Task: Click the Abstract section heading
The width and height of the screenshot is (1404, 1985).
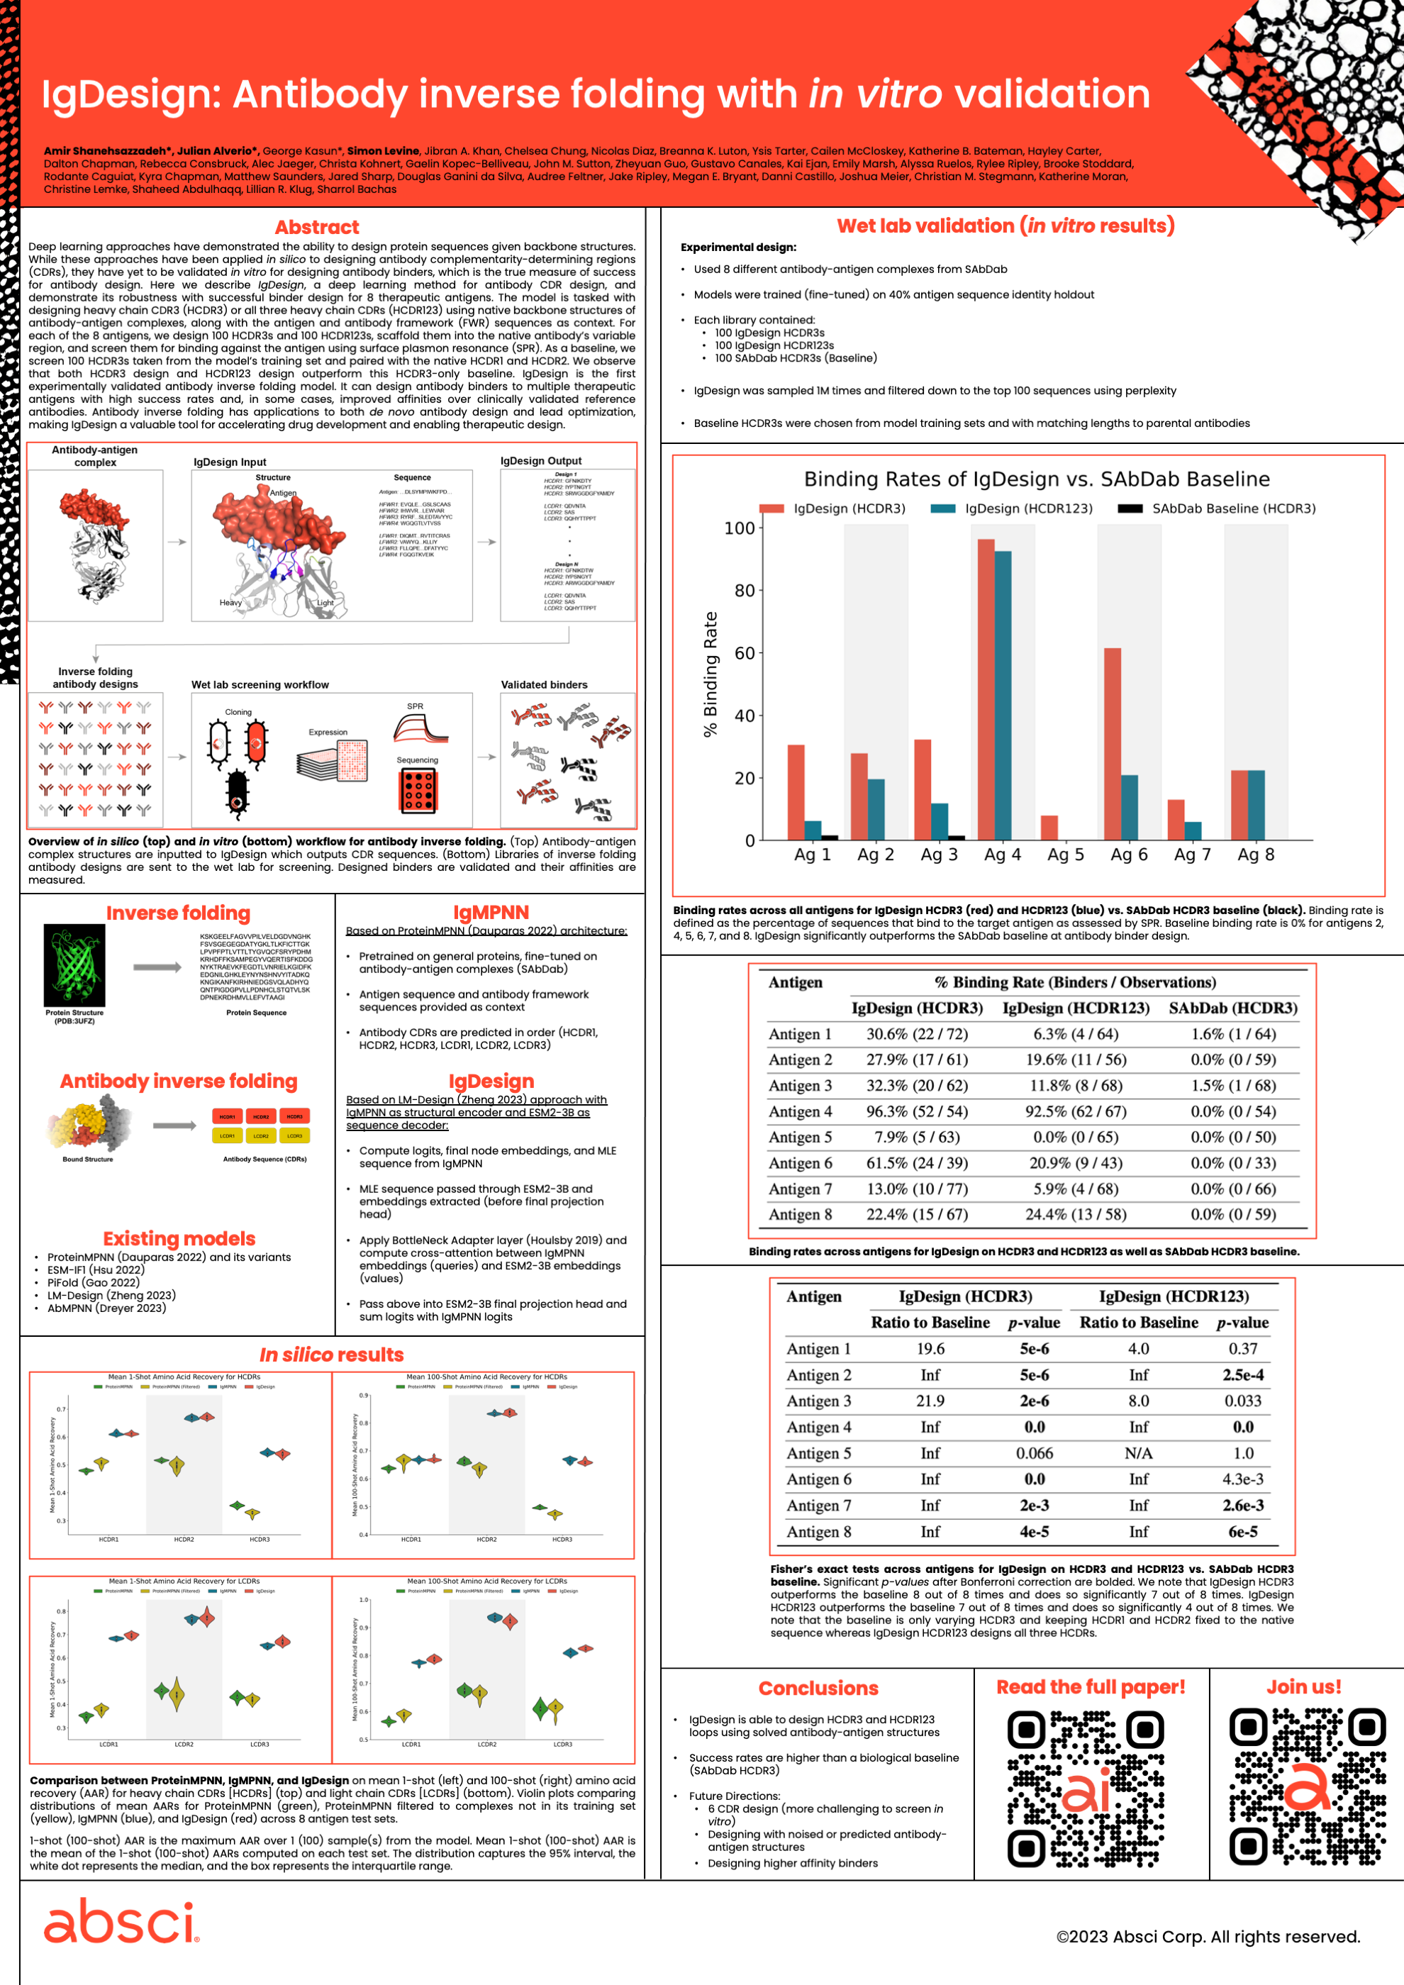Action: coord(316,228)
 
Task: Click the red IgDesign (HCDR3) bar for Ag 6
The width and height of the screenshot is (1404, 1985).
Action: coord(1112,743)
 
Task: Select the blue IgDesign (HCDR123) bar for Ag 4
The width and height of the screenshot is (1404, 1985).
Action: coord(1003,695)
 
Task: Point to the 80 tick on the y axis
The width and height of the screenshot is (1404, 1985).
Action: coord(745,591)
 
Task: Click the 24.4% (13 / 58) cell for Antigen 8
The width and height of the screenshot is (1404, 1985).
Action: coord(1076,1215)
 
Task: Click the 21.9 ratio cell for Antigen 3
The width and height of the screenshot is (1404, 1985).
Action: coord(930,1401)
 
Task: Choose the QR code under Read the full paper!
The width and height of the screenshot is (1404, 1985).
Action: coord(1086,1788)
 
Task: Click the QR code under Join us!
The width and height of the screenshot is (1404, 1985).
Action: coord(1307,1788)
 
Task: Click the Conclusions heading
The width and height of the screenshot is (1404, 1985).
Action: coord(818,1689)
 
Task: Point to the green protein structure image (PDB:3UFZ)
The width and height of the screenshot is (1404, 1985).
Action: coord(74,964)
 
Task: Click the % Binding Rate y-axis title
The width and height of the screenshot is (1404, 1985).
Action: coord(711,674)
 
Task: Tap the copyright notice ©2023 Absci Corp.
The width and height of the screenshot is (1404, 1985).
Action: coord(1208,1937)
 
